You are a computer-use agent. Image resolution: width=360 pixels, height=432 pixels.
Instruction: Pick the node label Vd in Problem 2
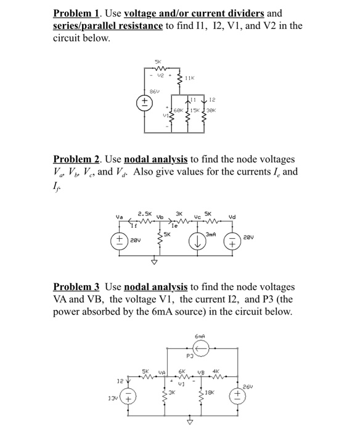tap(232, 217)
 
